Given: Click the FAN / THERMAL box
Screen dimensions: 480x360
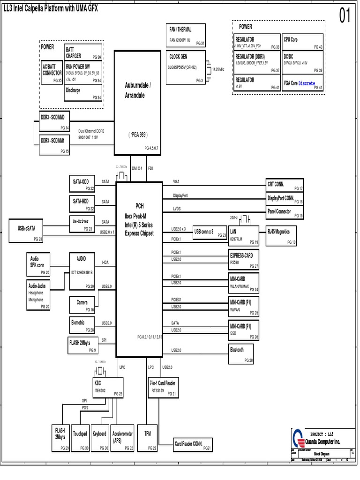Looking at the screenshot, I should (x=186, y=35).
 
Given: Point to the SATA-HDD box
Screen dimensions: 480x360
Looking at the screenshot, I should (x=82, y=204).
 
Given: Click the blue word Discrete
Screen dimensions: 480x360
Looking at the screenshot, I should (x=307, y=83).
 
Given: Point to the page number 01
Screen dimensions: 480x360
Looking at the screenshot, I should (x=345, y=16).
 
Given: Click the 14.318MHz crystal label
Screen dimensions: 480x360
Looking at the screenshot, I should (x=219, y=69).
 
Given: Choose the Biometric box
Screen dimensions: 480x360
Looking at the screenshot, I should (x=82, y=326).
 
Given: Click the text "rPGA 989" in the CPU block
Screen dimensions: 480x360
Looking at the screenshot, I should (x=138, y=135).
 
